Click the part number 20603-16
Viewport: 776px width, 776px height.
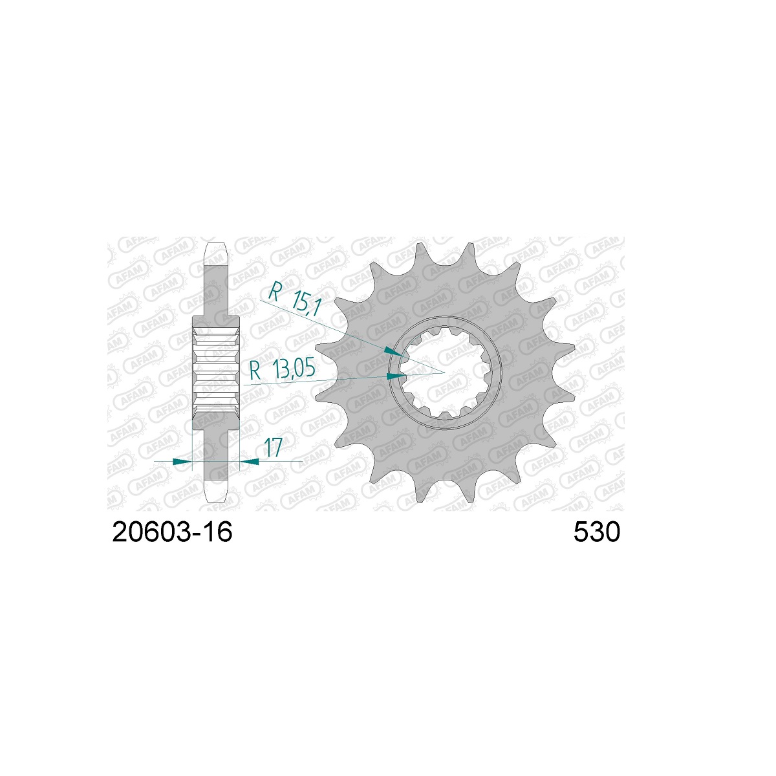pos(173,532)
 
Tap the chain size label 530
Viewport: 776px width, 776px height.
pos(597,532)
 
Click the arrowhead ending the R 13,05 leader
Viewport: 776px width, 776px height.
pos(396,376)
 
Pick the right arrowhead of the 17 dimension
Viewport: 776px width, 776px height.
pos(249,462)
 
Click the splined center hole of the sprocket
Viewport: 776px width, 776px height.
pos(444,373)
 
